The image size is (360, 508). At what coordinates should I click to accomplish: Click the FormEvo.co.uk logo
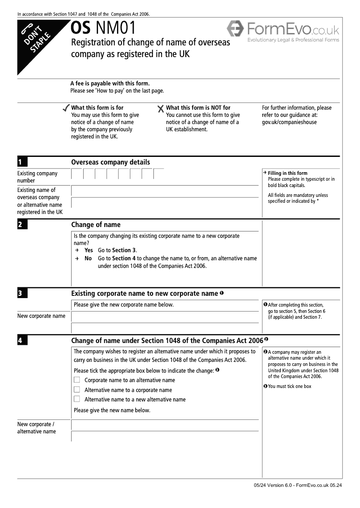tap(283, 31)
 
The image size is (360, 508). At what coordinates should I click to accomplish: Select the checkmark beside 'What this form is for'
tap(66, 108)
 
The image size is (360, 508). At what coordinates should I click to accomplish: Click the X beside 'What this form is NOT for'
tap(161, 108)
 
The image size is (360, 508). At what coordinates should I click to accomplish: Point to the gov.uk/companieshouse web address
tap(289, 122)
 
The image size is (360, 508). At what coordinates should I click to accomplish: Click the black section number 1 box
tap(22, 162)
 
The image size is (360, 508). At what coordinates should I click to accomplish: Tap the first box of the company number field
tap(77, 174)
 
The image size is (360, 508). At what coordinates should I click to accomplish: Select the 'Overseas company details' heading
tap(111, 162)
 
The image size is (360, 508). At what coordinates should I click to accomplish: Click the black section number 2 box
tap(22, 225)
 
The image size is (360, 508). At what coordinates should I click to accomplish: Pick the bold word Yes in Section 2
tap(89, 250)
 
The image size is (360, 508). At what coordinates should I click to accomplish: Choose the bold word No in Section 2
tap(88, 258)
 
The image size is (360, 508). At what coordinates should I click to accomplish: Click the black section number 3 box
tap(22, 294)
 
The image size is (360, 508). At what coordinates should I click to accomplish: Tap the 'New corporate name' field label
tap(41, 316)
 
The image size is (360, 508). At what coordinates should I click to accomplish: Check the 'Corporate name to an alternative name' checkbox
tap(77, 380)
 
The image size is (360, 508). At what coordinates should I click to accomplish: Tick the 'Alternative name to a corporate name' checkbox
tap(77, 390)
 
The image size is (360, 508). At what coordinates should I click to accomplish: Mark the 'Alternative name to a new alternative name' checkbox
tap(77, 399)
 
